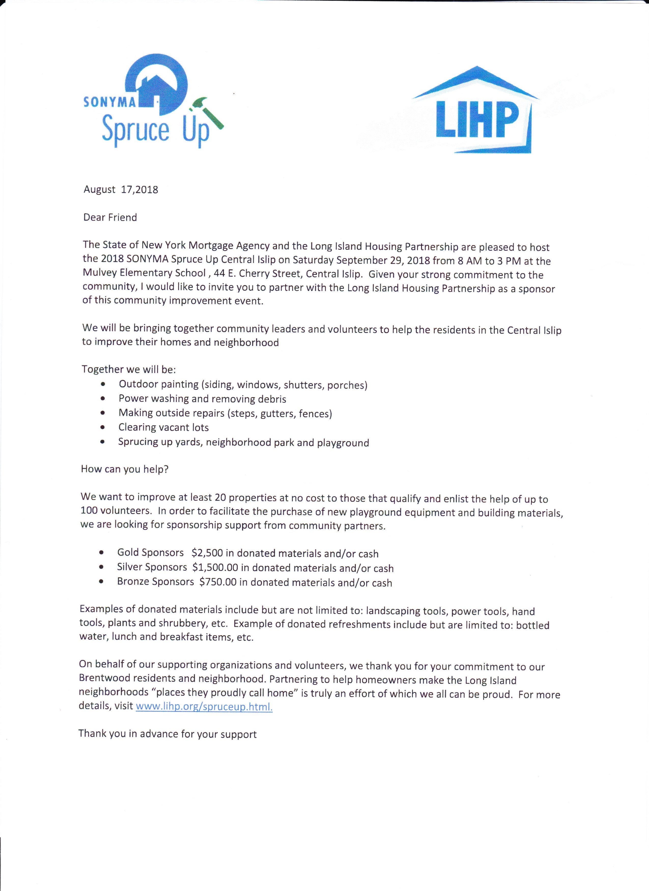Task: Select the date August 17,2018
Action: (x=121, y=190)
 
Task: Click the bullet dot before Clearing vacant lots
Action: (x=103, y=427)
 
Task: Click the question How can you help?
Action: (x=125, y=469)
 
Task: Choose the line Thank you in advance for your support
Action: (x=167, y=734)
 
